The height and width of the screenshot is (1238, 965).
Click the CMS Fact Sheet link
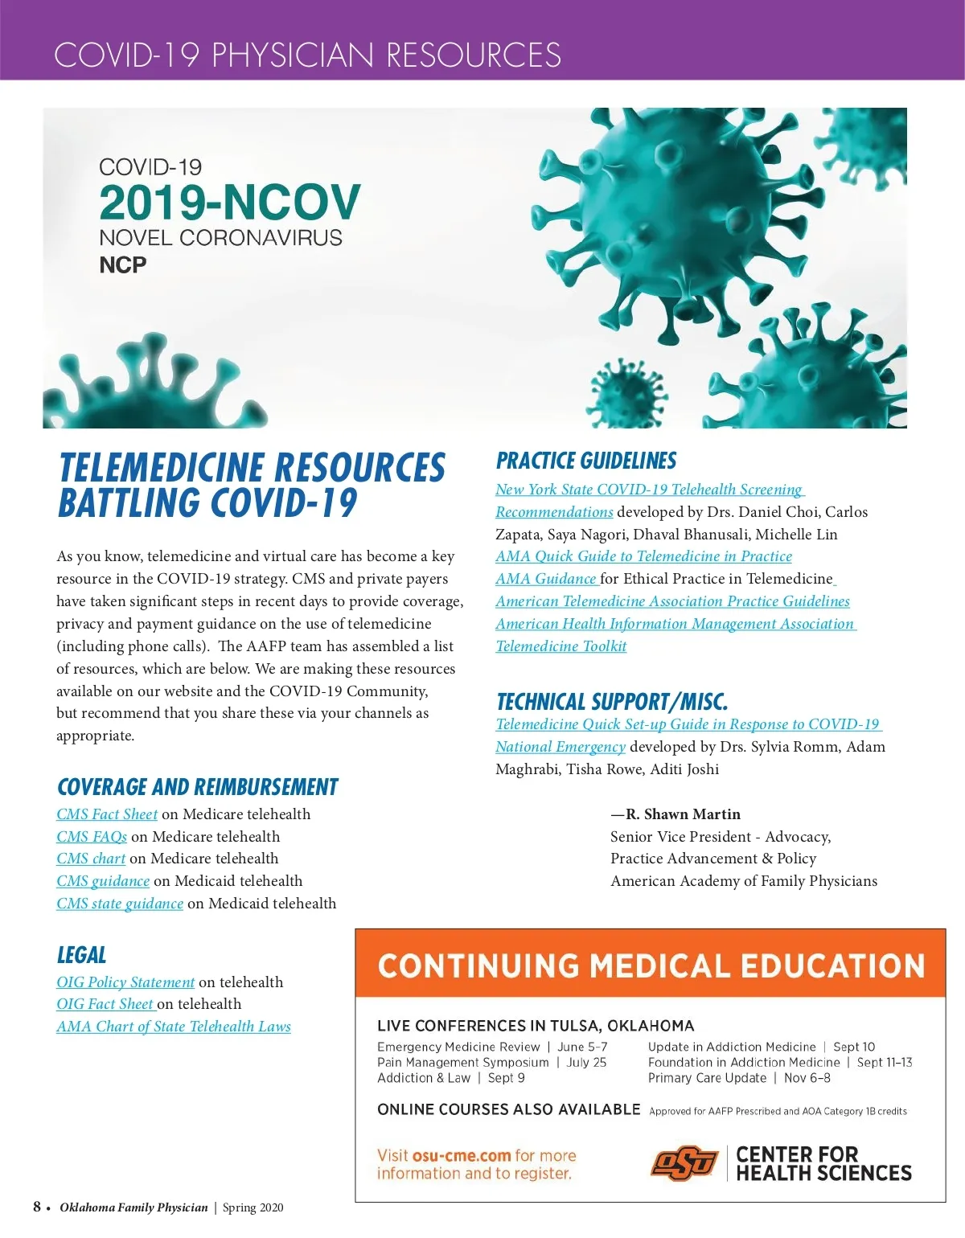(107, 814)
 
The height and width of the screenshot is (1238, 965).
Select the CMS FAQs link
(92, 837)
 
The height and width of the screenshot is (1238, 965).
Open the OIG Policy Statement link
(125, 982)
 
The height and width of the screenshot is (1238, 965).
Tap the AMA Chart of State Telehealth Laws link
(174, 1027)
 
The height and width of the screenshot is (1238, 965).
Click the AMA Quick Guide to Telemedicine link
(643, 556)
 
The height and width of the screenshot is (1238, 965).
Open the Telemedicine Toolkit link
(561, 646)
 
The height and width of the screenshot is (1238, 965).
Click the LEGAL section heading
(81, 955)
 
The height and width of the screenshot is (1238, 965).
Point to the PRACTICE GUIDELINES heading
(586, 461)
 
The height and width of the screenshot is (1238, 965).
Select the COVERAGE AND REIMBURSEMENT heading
(197, 787)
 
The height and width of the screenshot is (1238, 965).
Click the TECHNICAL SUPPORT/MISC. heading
(612, 702)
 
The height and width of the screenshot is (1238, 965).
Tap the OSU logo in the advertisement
(684, 1163)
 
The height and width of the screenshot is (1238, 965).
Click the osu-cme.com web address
(462, 1156)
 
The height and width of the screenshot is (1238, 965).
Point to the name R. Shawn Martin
(683, 814)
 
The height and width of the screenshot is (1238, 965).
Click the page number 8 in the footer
(37, 1207)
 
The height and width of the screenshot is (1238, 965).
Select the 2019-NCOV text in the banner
(230, 202)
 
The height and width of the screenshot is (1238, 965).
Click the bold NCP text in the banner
(123, 265)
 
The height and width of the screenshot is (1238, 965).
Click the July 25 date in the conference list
(586, 1063)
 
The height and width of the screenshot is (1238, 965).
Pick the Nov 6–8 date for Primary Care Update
(807, 1078)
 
